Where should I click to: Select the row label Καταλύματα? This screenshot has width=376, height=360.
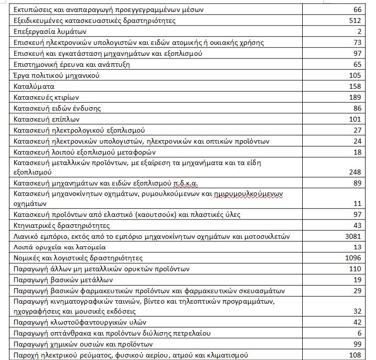31,86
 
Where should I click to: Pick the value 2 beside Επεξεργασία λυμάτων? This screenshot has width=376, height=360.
358,31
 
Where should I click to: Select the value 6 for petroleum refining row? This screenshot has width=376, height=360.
358,333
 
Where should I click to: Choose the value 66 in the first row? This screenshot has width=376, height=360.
356,9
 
